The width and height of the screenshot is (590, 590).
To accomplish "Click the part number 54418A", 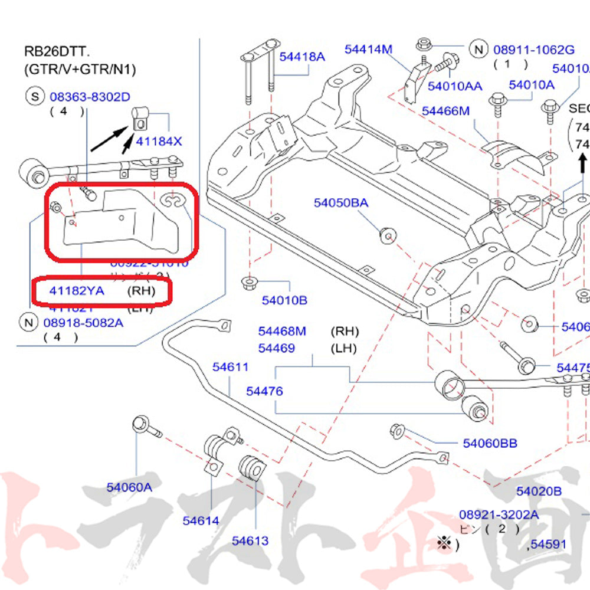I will click(302, 57).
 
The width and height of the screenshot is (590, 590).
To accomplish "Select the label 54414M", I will click(369, 50).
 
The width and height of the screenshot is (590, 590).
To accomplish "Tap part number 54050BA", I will click(340, 203).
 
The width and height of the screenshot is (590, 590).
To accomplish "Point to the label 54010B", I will click(284, 300).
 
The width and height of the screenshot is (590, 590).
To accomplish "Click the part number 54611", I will click(231, 367).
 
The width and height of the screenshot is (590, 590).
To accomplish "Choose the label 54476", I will click(264, 391).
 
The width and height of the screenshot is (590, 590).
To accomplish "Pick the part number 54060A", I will click(129, 487).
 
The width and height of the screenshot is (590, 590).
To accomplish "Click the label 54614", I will click(201, 520).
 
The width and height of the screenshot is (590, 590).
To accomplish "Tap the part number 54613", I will click(250, 540).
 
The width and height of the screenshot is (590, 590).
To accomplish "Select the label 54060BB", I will click(490, 442).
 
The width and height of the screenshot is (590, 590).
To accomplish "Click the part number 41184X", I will click(159, 142).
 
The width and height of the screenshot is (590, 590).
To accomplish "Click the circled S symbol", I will click(35, 96).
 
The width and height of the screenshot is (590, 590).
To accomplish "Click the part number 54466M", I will click(445, 110).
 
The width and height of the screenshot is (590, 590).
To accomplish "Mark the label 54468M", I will click(282, 332).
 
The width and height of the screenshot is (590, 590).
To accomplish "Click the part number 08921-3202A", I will click(499, 514).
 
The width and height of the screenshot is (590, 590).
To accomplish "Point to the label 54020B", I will click(539, 491).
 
